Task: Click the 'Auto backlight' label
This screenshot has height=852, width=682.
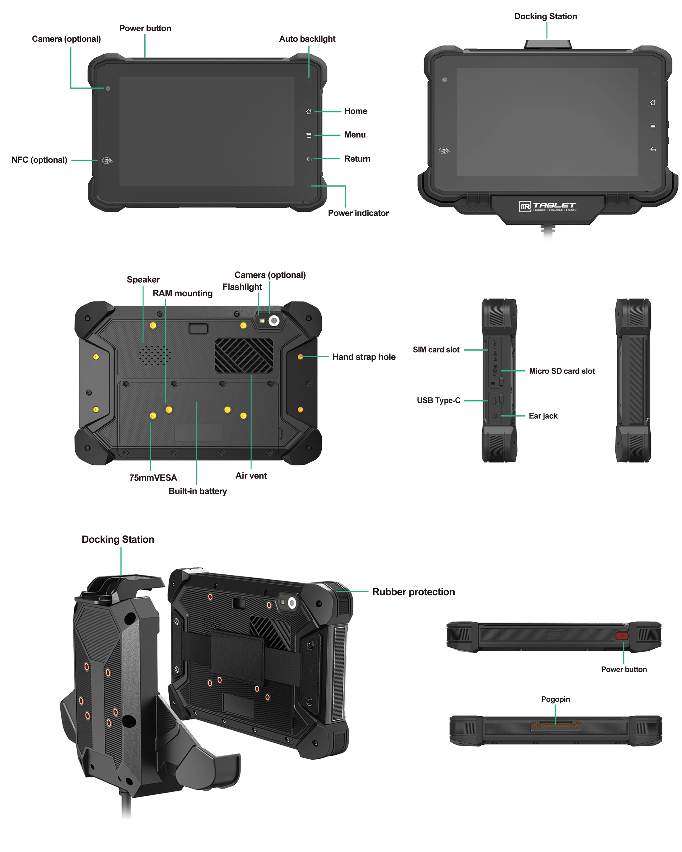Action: pos(307,39)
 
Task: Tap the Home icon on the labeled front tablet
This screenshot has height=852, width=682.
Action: pos(308,111)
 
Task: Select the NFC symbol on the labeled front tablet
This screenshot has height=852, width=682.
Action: pos(107,160)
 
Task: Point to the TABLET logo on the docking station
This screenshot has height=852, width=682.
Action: pos(548,206)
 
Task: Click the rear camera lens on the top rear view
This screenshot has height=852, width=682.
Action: pos(274,320)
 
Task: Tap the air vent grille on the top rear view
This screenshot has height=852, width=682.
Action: pos(244,355)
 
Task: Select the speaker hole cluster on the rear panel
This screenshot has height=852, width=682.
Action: pos(155,355)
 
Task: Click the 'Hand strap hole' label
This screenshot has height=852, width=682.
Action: pos(363,357)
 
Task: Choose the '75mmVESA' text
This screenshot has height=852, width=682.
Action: pos(153,477)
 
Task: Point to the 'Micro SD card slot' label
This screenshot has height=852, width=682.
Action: pos(562,371)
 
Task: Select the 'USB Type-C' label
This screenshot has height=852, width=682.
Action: pos(438,400)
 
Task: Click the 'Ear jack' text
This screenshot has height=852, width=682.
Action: pos(543,416)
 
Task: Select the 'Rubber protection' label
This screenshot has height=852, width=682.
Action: pos(413,592)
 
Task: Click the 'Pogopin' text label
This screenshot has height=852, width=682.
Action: pos(555,699)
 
